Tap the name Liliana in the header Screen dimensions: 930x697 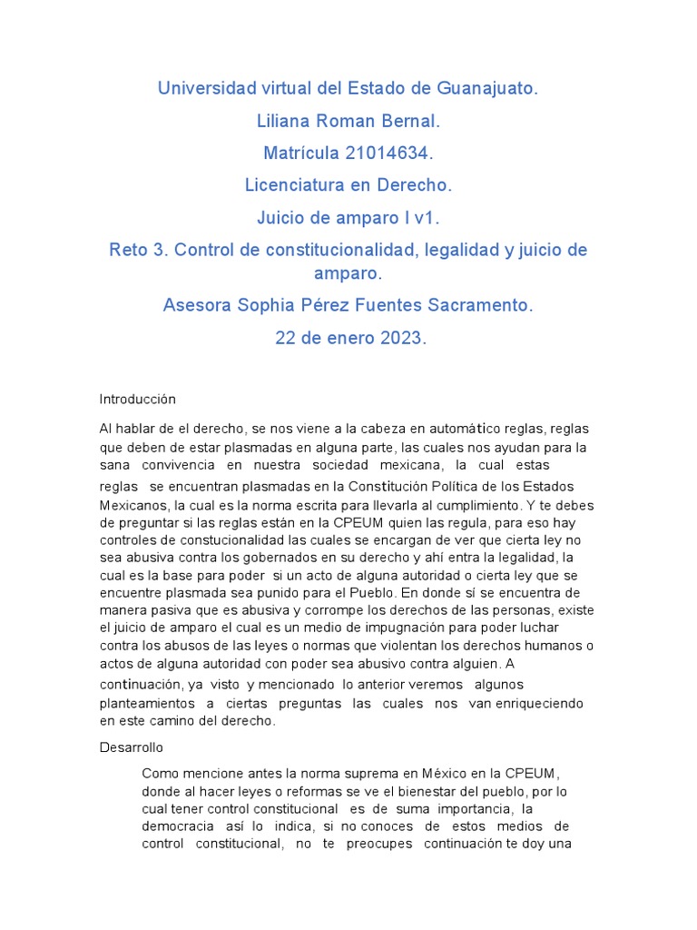coord(290,121)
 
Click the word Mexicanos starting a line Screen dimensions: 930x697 coord(133,504)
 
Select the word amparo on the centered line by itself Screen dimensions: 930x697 coord(348,273)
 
